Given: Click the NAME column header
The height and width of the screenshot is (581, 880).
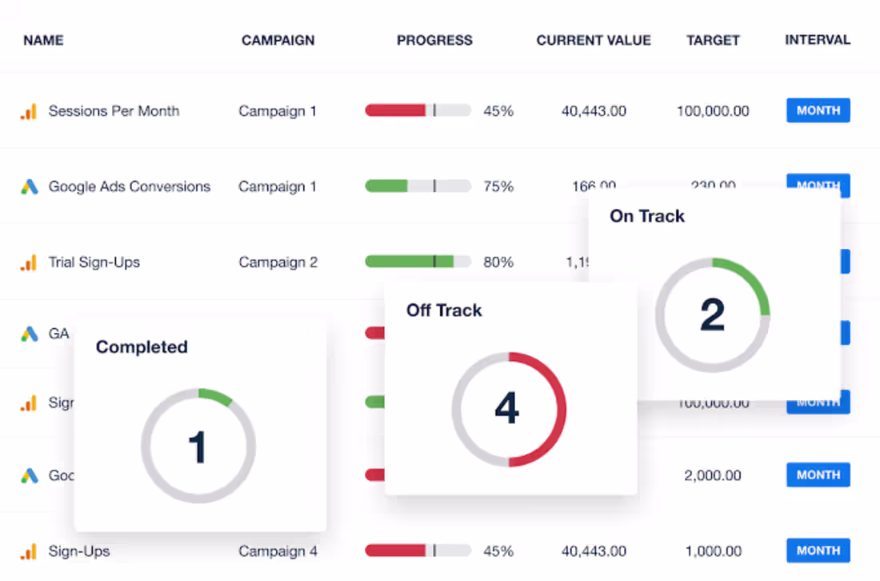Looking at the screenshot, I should tap(43, 40).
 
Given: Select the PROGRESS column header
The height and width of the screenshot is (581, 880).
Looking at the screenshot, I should tap(434, 40).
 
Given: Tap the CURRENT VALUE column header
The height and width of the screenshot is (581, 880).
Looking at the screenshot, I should tap(594, 40).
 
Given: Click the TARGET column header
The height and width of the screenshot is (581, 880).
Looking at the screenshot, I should tap(713, 40).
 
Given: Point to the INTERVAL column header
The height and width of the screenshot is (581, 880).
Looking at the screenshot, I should tap(818, 40).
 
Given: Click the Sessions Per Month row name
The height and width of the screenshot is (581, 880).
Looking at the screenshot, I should tap(114, 111).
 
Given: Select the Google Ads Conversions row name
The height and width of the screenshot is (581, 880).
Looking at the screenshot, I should tap(129, 186).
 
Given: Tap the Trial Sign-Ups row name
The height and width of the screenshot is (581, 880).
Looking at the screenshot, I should tap(94, 262).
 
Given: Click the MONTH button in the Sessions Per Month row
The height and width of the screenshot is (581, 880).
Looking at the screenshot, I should tap(818, 110).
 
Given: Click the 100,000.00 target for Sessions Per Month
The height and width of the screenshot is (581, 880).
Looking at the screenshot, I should tap(713, 111).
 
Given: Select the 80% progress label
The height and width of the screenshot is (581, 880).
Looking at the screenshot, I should tap(498, 262).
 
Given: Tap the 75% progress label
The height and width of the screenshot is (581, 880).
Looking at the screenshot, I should tap(498, 186).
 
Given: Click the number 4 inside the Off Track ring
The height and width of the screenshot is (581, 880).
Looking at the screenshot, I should tap(507, 409).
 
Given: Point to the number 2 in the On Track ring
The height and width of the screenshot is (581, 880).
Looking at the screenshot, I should tap(712, 315).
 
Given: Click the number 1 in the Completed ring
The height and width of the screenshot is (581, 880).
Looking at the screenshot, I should tap(197, 447).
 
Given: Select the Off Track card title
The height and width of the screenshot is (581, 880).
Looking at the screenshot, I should tap(444, 311).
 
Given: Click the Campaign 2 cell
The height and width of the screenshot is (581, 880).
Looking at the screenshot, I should tap(278, 262).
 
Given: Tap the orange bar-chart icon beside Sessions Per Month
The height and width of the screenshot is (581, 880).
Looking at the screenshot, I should tap(29, 111).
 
